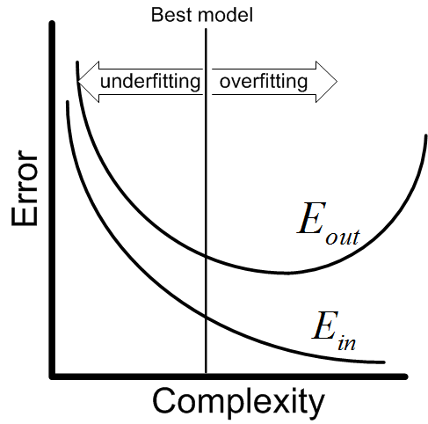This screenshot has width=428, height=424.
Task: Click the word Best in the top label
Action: (166, 15)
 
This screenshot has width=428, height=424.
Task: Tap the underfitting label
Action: (150, 82)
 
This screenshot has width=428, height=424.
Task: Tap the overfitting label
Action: (264, 82)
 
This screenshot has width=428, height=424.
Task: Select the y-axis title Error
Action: (25, 188)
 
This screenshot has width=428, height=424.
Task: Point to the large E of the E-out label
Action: (312, 218)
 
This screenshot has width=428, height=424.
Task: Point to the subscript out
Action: (343, 237)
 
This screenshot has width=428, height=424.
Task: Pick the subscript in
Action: (347, 343)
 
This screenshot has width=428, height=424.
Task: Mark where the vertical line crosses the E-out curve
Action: (206, 256)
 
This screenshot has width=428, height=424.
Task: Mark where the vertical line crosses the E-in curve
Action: (206, 317)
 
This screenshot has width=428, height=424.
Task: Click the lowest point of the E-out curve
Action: (283, 273)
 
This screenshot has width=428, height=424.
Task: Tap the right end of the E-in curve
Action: (384, 362)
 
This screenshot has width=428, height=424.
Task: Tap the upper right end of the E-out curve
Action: (425, 135)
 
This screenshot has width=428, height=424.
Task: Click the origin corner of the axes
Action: (53, 376)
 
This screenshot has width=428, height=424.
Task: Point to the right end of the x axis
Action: (405, 376)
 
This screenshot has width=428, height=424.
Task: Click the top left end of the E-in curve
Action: (68, 102)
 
